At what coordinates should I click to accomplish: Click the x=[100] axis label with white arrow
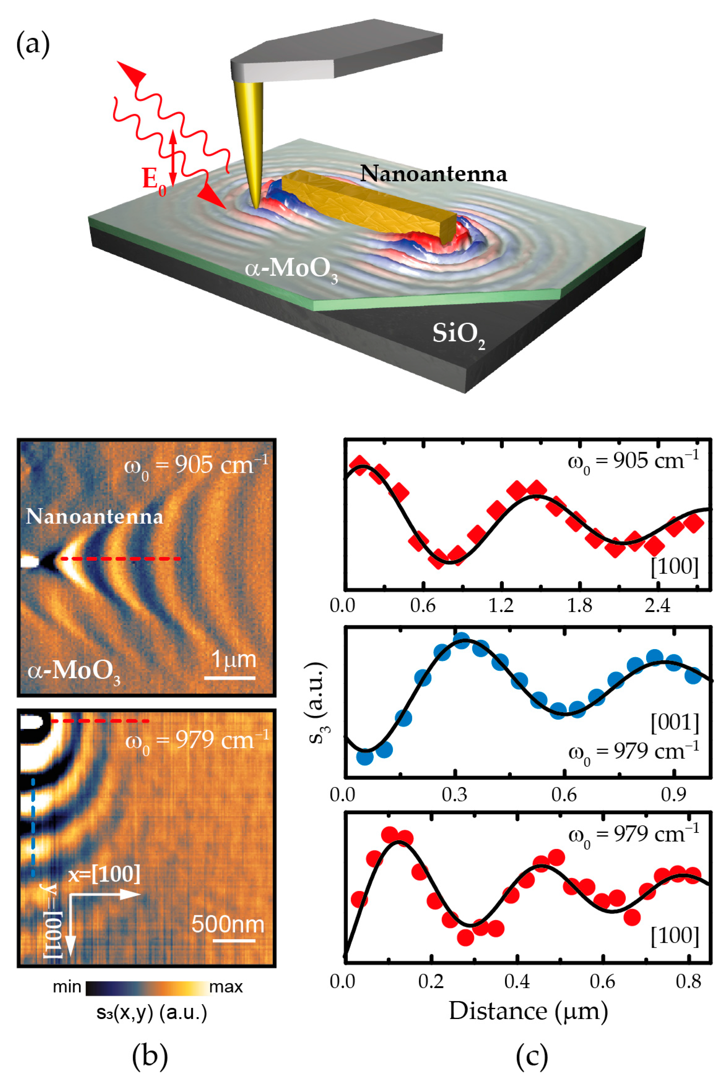(x=105, y=874)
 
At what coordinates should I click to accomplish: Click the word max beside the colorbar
(x=226, y=987)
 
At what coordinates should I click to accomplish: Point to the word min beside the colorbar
(x=67, y=987)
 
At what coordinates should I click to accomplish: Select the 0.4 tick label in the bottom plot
(x=517, y=982)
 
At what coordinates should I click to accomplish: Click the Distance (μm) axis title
(x=528, y=1012)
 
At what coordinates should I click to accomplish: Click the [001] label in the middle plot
(x=674, y=723)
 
